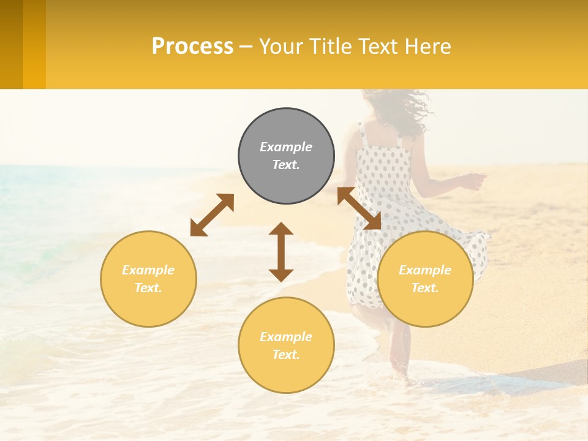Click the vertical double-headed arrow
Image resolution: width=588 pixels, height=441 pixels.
pyautogui.click(x=281, y=252)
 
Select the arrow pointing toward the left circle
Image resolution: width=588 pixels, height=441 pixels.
pyautogui.click(x=212, y=215)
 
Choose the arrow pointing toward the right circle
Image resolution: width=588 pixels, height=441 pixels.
pyautogui.click(x=359, y=208)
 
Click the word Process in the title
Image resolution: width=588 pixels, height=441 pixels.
pyautogui.click(x=192, y=47)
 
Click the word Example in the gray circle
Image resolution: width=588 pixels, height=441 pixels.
pyautogui.click(x=286, y=147)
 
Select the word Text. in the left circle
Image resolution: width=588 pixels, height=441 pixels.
pyautogui.click(x=148, y=288)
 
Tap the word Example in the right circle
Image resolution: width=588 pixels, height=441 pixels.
pyautogui.click(x=425, y=270)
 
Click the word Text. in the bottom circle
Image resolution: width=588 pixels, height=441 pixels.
pyautogui.click(x=286, y=355)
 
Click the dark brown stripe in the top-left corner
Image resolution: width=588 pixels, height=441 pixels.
pyautogui.click(x=11, y=44)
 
